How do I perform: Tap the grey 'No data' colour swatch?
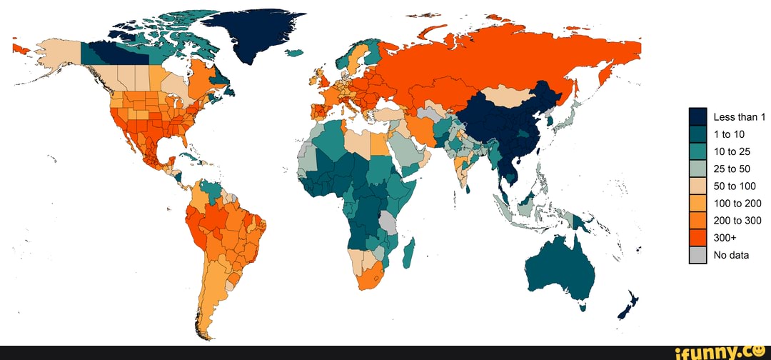(x=697, y=255)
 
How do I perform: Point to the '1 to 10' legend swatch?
(x=697, y=134)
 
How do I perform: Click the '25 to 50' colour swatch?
(x=697, y=169)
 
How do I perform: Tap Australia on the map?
(x=560, y=268)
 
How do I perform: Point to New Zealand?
(x=629, y=304)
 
